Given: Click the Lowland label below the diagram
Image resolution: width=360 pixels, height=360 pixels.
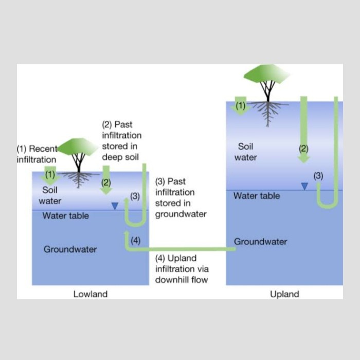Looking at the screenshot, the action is (x=91, y=294).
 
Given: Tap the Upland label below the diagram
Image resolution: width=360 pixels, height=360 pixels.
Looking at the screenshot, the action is (x=284, y=294).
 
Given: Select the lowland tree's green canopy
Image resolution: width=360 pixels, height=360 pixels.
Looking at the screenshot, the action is (x=78, y=147).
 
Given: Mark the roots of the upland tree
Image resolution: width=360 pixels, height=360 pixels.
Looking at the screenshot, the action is (x=267, y=109).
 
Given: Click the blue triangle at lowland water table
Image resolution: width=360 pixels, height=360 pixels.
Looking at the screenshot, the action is (x=115, y=205).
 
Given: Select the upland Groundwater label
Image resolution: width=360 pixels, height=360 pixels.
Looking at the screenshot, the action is (x=260, y=241).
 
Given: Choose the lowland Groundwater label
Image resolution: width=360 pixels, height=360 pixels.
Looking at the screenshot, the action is (x=70, y=249).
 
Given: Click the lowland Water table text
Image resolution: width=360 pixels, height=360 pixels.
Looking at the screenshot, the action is (x=65, y=215).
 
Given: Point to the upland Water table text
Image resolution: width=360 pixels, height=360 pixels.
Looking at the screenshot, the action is (x=257, y=196).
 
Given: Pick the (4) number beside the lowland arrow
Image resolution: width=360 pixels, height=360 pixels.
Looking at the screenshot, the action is (x=135, y=240).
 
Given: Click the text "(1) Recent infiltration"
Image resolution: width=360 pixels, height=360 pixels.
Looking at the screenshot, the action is (x=37, y=154).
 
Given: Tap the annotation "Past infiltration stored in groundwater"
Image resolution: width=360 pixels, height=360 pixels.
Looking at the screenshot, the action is (x=181, y=197).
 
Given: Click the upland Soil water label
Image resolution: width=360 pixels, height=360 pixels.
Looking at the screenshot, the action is (x=245, y=152).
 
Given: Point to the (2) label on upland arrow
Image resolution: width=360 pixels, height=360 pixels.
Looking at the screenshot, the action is (x=303, y=149).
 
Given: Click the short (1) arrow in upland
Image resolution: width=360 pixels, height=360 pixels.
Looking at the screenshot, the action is (x=240, y=106).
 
